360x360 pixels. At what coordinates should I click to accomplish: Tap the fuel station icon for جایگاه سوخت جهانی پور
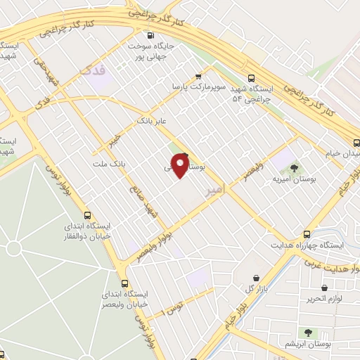coord(150,35)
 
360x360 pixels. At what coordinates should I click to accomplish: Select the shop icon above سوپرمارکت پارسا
coord(198,76)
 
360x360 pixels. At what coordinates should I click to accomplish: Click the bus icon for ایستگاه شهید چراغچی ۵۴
coord(252,79)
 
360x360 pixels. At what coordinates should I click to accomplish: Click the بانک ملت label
coord(108,164)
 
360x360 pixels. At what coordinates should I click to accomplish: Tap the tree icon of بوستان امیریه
coord(293,167)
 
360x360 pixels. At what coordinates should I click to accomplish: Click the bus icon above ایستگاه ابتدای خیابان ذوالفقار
coord(87,215)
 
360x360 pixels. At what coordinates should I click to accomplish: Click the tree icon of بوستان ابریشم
coord(307,332)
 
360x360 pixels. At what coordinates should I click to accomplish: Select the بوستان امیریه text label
coord(295,179)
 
